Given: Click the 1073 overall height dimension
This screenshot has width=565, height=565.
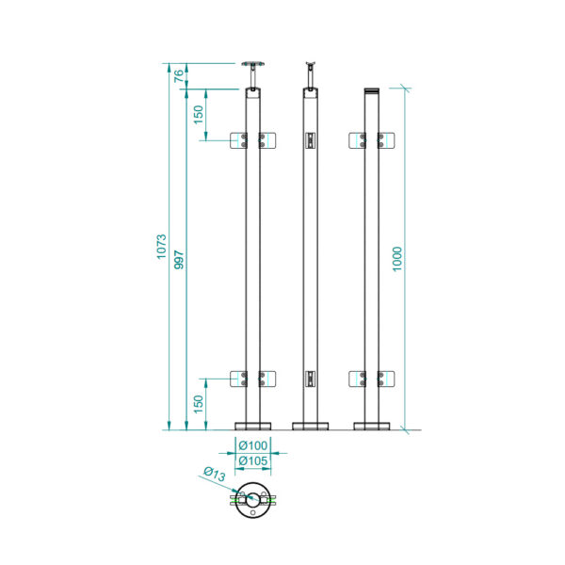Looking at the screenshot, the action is [161, 247].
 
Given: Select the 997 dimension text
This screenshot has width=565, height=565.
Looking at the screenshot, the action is [179, 260].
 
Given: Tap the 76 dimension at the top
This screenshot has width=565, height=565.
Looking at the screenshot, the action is [179, 76].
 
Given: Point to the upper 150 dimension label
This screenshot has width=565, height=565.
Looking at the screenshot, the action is [199, 115].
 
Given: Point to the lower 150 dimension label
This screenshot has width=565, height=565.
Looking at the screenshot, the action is [199, 404].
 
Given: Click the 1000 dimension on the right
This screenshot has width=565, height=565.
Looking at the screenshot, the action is [396, 259].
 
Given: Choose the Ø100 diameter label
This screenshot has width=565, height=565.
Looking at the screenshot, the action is [253, 445].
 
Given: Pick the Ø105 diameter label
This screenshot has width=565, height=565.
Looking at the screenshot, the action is [253, 460].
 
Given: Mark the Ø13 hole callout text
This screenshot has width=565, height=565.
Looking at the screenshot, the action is [215, 474].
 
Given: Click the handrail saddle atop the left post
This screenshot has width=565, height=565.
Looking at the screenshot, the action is [253, 64].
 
